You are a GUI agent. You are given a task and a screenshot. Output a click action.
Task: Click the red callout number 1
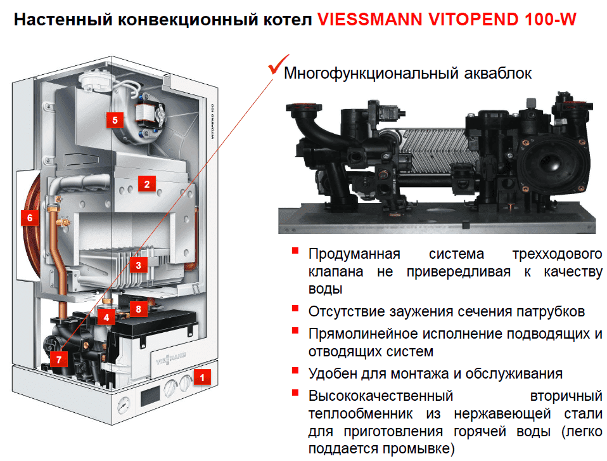[202, 377]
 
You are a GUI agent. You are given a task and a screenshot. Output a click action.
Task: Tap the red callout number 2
[146, 185]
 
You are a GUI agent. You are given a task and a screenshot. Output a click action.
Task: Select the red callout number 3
[138, 264]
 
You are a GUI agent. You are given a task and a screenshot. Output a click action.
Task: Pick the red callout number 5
[114, 119]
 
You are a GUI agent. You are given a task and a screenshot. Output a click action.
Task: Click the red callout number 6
[29, 218]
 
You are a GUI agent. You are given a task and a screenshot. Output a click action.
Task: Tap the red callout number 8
[138, 309]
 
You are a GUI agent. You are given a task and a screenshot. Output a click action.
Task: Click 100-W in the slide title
[550, 20]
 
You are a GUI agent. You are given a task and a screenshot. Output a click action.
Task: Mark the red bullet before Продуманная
[295, 251]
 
